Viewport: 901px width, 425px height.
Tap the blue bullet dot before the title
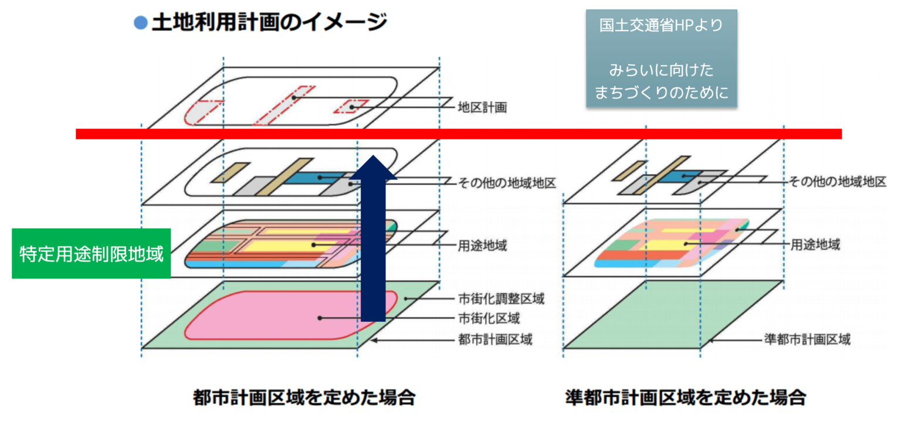140,23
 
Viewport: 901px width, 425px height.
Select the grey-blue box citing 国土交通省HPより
661,58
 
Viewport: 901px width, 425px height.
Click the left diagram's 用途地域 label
482,246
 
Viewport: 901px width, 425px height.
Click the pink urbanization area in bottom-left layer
276,317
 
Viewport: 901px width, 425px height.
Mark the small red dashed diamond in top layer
351,106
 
